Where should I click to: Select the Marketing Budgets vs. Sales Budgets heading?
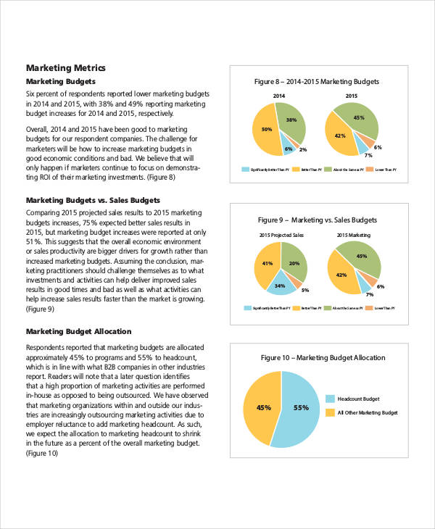pos(93,199)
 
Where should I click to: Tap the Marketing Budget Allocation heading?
pos(78,331)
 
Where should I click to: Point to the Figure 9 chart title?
pos(318,220)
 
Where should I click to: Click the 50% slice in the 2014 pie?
pos(265,130)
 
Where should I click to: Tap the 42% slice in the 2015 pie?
pos(340,136)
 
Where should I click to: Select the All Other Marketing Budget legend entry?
pos(366,412)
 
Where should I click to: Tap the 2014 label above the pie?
pos(278,96)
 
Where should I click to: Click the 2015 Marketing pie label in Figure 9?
pos(353,235)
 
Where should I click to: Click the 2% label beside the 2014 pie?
pos(303,150)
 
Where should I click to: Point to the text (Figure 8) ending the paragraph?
pos(159,177)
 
